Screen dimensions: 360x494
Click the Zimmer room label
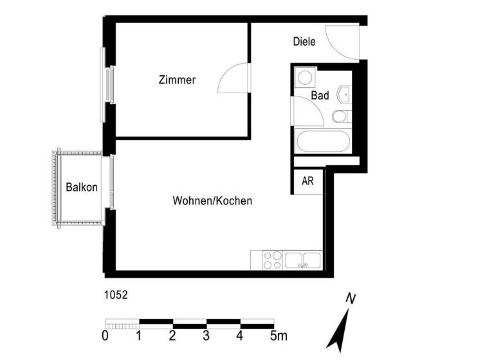[x=177, y=80]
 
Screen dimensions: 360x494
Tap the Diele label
[x=304, y=42]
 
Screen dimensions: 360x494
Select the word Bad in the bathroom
[x=320, y=96]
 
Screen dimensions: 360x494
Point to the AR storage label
[x=308, y=181]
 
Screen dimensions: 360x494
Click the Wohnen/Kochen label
[x=212, y=201]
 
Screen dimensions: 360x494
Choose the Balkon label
[x=82, y=188]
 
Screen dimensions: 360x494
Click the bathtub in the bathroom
[x=322, y=141]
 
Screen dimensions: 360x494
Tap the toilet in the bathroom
[x=339, y=116]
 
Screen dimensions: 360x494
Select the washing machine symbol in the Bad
[x=304, y=78]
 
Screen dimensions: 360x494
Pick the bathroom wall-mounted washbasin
[x=345, y=94]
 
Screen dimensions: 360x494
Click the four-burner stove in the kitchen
[x=272, y=260]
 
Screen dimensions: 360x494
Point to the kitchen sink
[x=303, y=260]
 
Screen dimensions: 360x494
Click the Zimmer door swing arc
[x=233, y=79]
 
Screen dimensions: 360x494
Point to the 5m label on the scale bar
[x=278, y=335]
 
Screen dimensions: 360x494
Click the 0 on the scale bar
[x=105, y=335]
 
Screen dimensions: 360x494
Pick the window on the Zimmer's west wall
[x=107, y=84]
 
